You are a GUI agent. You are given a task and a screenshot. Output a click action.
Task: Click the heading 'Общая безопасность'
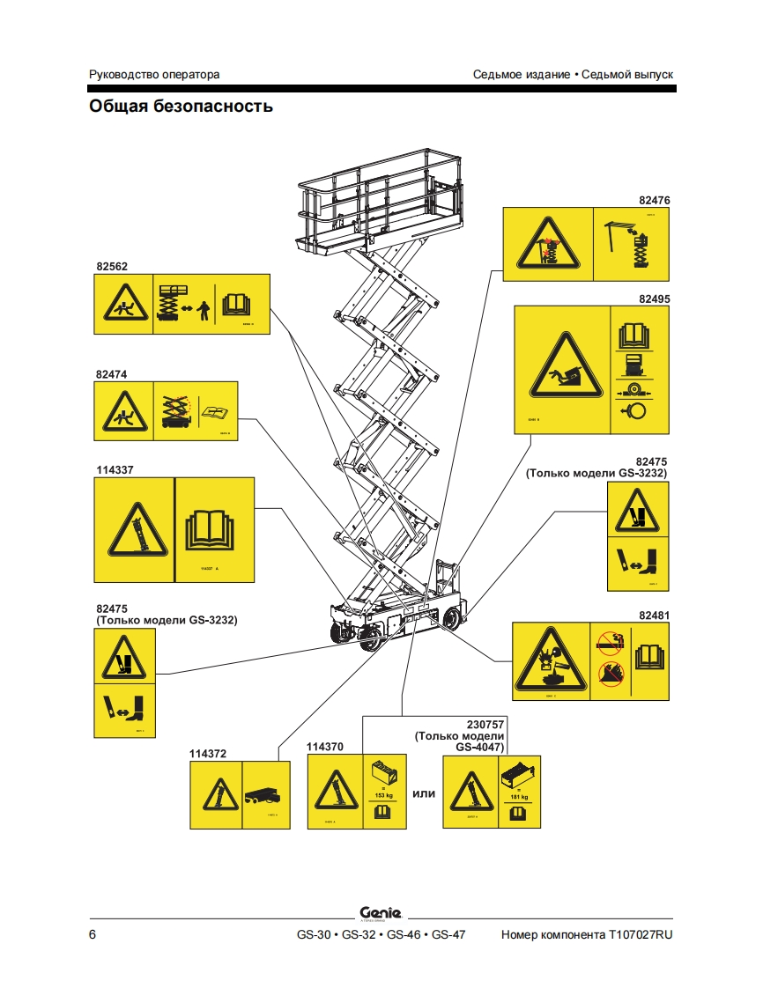click(x=181, y=107)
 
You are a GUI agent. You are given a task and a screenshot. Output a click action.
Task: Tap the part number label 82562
click(x=112, y=265)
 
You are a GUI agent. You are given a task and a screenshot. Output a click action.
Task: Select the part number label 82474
click(x=112, y=373)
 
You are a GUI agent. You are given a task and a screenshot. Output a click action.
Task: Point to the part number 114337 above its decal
click(x=115, y=469)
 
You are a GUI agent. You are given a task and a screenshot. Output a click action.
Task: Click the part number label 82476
click(x=655, y=201)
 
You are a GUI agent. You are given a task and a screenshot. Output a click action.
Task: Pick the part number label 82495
click(x=655, y=299)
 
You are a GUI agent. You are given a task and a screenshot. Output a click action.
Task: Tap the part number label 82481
click(x=655, y=615)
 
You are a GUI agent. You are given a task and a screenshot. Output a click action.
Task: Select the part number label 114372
click(x=208, y=753)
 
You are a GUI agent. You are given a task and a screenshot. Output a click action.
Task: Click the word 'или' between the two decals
click(x=425, y=793)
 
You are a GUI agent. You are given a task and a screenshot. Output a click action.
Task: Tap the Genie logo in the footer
click(x=381, y=912)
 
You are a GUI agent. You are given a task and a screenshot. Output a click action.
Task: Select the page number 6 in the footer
click(x=93, y=934)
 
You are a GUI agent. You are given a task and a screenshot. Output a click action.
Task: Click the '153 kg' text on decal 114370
click(x=383, y=795)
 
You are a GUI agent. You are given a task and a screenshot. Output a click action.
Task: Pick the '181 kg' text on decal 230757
click(x=519, y=797)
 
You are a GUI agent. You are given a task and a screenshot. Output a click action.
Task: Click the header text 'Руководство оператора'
click(x=154, y=74)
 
